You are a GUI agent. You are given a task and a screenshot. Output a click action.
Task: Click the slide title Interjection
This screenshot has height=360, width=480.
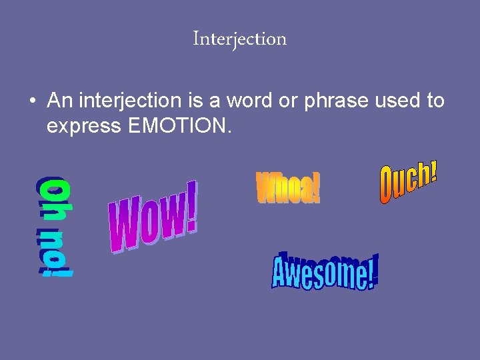tap(239, 39)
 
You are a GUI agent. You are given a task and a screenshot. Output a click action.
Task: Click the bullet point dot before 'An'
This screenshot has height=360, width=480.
tap(33, 102)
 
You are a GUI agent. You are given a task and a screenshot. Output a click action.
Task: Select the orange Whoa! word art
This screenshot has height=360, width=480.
tap(288, 187)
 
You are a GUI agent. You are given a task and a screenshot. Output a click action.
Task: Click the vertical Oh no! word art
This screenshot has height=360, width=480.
tap(55, 226)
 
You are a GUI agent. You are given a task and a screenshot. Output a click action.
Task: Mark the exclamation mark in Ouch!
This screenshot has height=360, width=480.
tap(433, 171)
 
